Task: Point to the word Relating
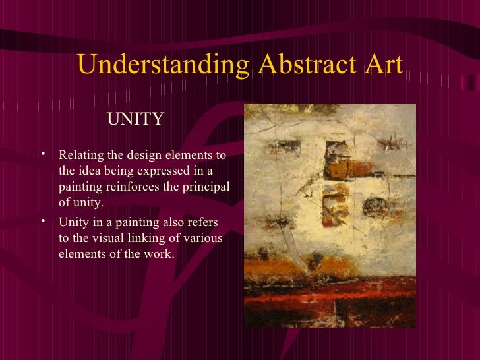pos(81,156)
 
